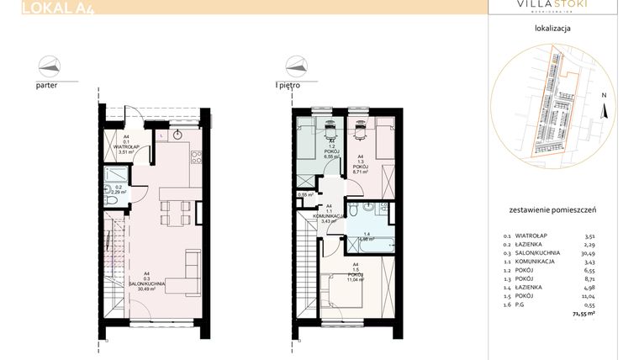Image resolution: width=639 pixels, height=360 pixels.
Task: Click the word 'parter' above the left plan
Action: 47,86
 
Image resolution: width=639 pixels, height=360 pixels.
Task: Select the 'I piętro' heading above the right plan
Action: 288,85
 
